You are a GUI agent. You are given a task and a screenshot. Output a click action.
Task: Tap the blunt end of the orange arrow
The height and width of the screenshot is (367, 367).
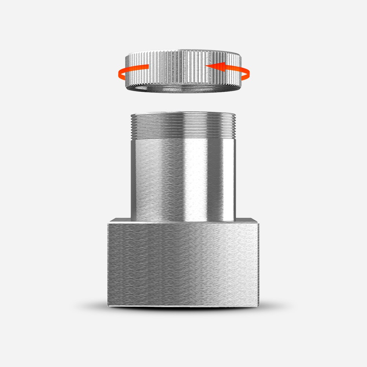[x=148, y=67]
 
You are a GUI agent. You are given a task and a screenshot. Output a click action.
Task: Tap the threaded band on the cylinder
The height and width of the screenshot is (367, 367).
[x=183, y=127]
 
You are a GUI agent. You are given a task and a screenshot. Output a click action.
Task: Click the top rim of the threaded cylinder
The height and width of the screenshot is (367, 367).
[x=183, y=114]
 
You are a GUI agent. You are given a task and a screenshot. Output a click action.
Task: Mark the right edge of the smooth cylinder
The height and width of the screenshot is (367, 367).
[x=235, y=176]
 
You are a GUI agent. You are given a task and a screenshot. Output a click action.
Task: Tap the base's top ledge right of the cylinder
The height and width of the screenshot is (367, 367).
[x=247, y=220]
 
